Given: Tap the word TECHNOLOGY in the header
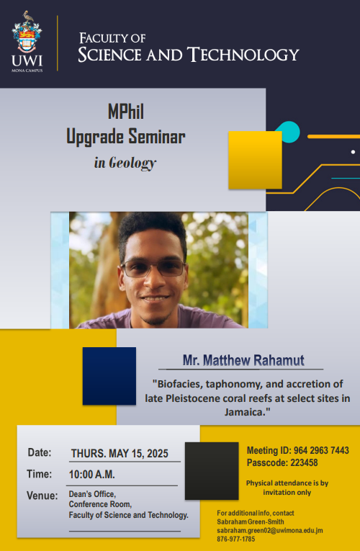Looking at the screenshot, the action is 243,55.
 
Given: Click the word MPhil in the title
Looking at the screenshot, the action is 126,112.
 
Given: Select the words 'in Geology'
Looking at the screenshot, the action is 125,163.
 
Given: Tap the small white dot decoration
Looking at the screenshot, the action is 353,152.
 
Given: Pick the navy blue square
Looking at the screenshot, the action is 109,376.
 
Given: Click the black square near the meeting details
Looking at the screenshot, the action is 212,471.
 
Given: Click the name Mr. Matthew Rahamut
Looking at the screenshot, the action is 243,360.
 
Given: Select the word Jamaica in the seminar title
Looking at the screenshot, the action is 245,412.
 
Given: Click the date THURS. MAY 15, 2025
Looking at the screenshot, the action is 120,454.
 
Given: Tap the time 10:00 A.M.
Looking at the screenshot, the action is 92,475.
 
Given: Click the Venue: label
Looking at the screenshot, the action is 42,496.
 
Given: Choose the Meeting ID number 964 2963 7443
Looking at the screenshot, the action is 321,450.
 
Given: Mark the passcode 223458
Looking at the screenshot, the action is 304,463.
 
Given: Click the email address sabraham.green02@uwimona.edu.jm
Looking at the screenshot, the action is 270,531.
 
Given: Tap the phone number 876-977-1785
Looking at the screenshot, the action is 236,539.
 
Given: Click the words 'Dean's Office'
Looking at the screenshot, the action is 92,494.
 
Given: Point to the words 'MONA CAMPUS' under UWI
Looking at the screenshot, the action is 27,71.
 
